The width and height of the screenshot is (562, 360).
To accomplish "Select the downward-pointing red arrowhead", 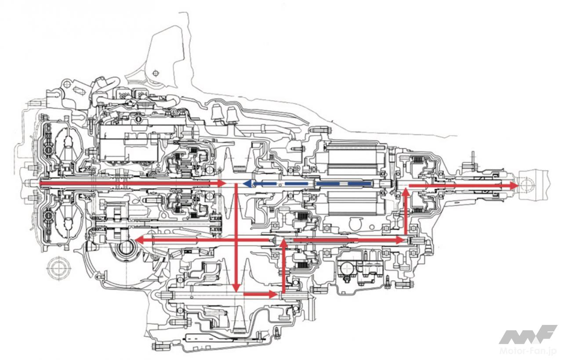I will [236, 288].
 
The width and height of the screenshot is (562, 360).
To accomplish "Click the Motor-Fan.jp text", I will [529, 351].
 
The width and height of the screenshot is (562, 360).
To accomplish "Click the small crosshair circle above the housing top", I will [154, 73].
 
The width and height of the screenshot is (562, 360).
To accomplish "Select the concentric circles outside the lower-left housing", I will [58, 267].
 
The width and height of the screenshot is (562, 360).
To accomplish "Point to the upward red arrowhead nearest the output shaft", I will [405, 193].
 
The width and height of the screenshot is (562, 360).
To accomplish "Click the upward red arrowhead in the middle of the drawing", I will [284, 242].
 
